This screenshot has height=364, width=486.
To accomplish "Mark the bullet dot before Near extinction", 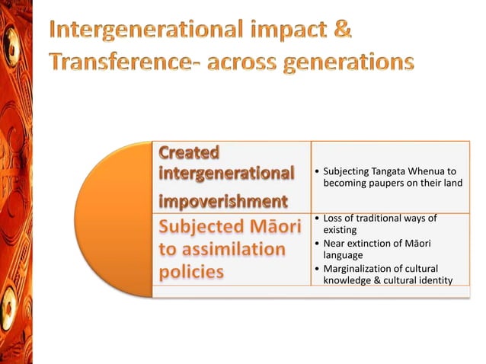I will click(317, 243).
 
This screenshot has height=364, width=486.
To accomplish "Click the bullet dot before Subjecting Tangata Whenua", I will click(317, 173).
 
